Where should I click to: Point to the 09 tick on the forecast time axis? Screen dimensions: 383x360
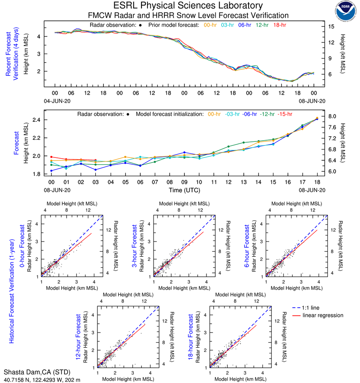pyautogui.click(x=184, y=181)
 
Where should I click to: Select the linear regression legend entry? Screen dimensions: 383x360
pyautogui.click(x=323, y=316)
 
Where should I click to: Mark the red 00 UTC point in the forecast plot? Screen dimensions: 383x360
pyautogui.click(x=51, y=157)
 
